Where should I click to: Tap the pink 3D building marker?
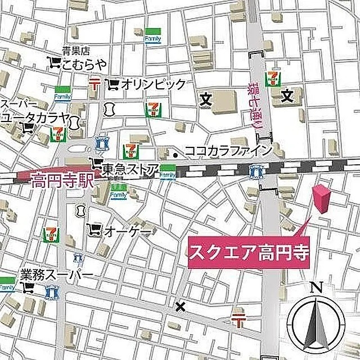pyautogui.click(x=322, y=199)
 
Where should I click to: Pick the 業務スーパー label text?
pyautogui.click(x=56, y=275)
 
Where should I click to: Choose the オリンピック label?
pyautogui.click(x=153, y=84)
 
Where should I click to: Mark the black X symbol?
pyautogui.click(x=180, y=307)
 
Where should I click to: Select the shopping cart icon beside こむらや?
pyautogui.click(x=54, y=63)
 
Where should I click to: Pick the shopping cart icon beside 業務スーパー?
pyautogui.click(x=27, y=289)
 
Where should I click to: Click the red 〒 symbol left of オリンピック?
pyautogui.click(x=94, y=84)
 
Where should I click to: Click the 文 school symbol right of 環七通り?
pyautogui.click(x=288, y=97)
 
